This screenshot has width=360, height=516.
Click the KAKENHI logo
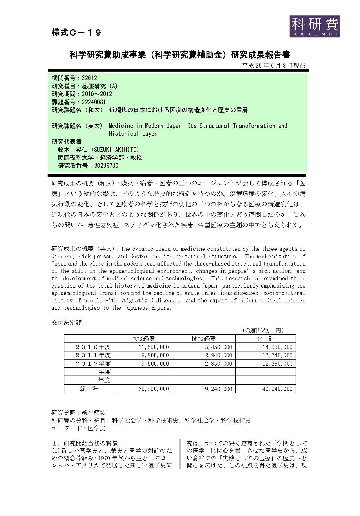[314, 26]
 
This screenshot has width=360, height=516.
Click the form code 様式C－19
[76, 33]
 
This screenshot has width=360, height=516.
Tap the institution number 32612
[89, 78]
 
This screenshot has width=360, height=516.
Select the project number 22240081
[93, 102]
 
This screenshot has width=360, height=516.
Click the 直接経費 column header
[143, 339]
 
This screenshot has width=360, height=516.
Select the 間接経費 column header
[204, 339]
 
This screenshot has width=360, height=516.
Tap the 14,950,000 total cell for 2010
[277, 347]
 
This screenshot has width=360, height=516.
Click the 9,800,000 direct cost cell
[154, 355]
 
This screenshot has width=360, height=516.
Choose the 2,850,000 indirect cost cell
[218, 364]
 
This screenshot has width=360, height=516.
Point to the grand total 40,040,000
[277, 389]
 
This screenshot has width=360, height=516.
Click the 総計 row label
[89, 389]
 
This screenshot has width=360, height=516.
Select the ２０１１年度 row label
[93, 355]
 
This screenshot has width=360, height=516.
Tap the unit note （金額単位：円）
[263, 330]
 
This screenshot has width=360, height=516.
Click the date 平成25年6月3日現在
[274, 66]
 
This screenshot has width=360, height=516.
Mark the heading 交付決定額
[66, 322]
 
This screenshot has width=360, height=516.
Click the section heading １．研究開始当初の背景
[85, 443]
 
